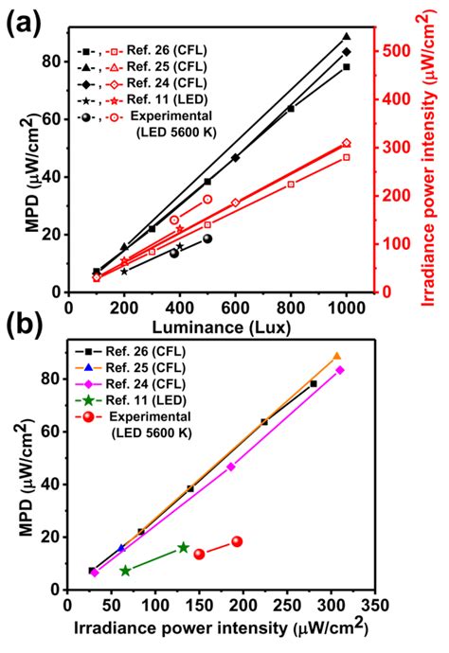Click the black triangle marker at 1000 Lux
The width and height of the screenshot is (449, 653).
pos(347,36)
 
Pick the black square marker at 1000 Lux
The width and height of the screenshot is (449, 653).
pos(347,67)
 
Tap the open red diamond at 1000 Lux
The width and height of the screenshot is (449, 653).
pos(347,143)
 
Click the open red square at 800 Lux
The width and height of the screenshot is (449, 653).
pos(291,184)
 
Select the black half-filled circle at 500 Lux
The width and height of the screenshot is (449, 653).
pos(207,238)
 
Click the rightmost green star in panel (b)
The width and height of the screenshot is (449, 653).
pos(184,547)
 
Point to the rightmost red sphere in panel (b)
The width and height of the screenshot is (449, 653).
pos(237,541)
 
